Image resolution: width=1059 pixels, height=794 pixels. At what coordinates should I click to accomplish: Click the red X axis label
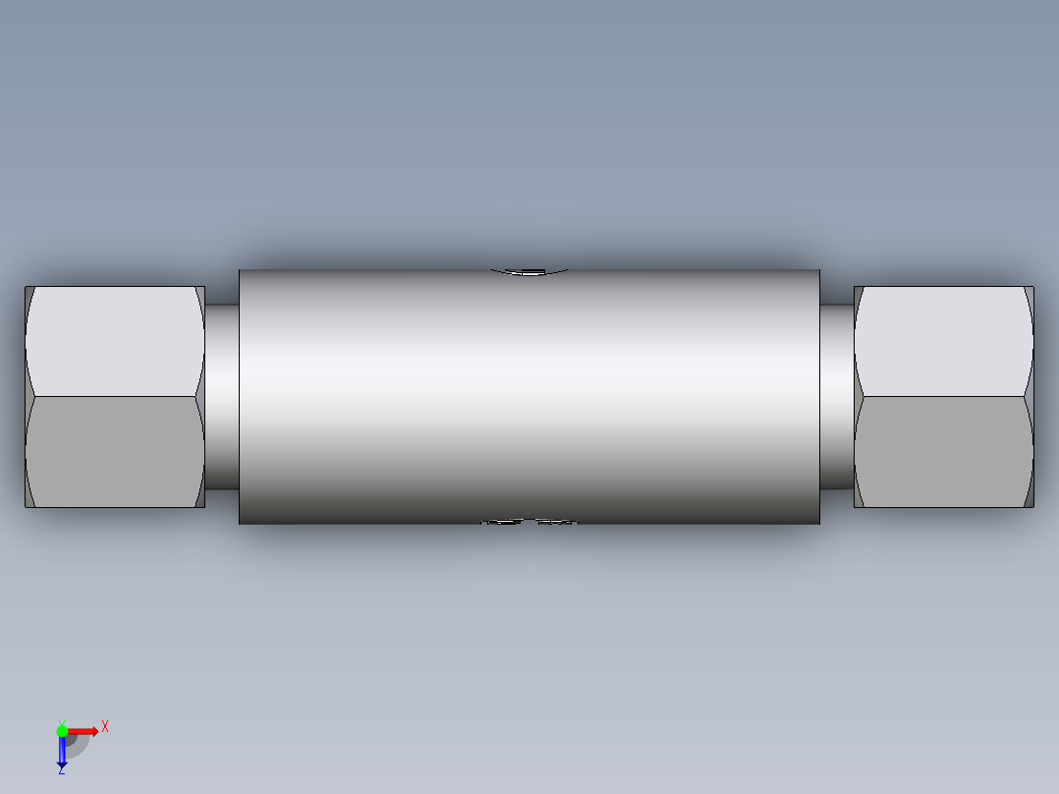(105, 726)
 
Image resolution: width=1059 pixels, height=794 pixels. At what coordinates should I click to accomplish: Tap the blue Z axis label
(61, 770)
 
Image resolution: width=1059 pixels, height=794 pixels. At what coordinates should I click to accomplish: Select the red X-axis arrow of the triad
(84, 731)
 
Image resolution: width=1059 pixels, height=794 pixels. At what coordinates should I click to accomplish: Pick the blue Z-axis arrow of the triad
(62, 752)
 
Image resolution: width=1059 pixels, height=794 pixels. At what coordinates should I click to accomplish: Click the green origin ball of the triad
(62, 730)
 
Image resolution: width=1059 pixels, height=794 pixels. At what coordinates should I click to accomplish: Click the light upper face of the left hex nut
(113, 341)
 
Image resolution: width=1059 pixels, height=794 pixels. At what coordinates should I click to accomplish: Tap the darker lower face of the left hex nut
(113, 452)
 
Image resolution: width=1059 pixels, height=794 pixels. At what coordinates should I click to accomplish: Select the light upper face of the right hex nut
(943, 341)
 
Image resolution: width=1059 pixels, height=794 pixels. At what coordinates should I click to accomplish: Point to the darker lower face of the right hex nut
(943, 452)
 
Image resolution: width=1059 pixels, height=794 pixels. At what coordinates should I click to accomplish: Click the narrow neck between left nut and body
(222, 397)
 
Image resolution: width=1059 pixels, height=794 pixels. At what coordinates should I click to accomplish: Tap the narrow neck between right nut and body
(836, 397)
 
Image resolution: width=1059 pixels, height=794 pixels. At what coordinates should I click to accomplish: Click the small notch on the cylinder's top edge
(530, 271)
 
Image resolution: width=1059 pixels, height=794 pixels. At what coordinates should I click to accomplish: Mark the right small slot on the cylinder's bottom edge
(557, 522)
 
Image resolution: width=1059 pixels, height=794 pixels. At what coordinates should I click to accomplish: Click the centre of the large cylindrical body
(529, 397)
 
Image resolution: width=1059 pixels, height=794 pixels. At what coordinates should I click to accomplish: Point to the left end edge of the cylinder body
(240, 397)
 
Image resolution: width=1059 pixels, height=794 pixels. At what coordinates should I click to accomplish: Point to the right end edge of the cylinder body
(819, 397)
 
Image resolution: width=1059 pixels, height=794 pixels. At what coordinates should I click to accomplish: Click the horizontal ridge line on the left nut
(113, 397)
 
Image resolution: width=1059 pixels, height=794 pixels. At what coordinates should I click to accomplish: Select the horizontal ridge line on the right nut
(943, 397)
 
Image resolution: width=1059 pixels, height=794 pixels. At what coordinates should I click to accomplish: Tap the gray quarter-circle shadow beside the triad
(79, 745)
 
